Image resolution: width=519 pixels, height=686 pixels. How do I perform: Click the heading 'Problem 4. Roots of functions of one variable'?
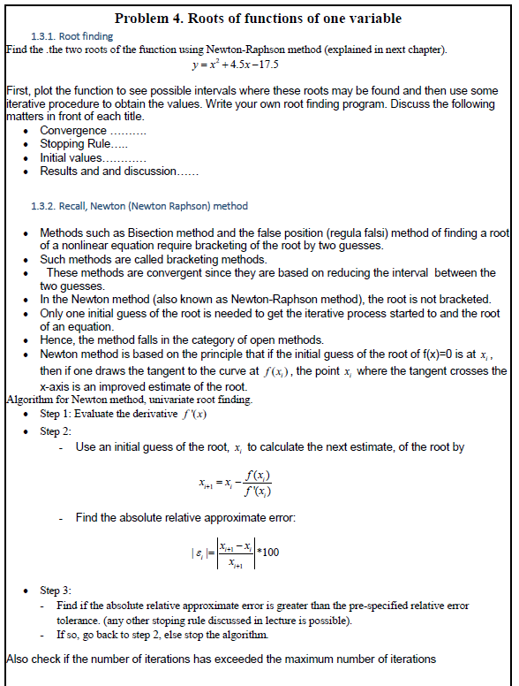[259, 19]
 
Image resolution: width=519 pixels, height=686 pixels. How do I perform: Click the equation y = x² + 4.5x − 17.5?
[236, 65]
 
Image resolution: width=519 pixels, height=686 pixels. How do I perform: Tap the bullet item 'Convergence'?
[93, 131]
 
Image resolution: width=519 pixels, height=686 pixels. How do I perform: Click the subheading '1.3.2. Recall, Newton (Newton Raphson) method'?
[139, 206]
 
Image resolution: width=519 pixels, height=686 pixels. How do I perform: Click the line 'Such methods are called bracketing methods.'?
[154, 259]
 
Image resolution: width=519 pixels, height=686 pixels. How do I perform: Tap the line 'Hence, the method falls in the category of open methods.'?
[182, 339]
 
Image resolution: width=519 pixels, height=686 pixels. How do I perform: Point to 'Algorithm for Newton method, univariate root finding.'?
[129, 400]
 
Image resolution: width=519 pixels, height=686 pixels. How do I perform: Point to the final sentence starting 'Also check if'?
[221, 659]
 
